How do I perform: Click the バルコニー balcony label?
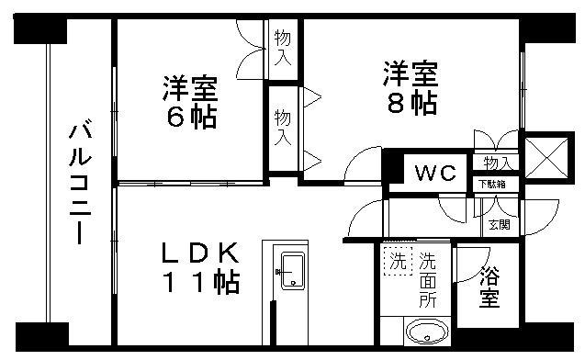tap(77, 185)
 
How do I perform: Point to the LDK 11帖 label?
tap(202, 266)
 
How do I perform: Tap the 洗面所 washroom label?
tap(428, 279)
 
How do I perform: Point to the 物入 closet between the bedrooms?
tap(283, 127)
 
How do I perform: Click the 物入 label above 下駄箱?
tap(497, 163)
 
